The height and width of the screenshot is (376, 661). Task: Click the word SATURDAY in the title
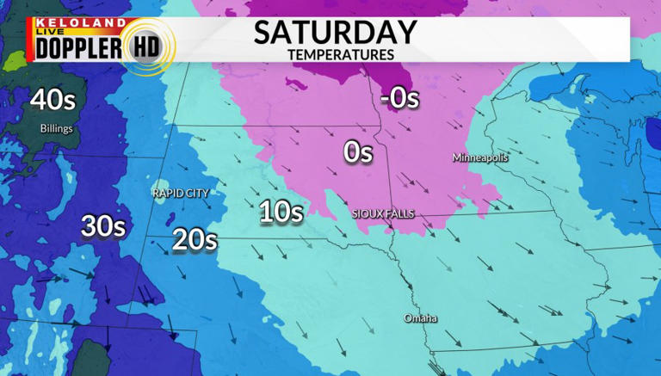(335, 33)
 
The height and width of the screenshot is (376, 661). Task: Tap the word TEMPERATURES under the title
(341, 54)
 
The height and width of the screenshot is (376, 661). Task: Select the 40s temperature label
(53, 100)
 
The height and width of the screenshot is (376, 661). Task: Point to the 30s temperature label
(103, 227)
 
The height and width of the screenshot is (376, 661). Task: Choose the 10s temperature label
(281, 212)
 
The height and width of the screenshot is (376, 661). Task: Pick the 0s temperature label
(357, 152)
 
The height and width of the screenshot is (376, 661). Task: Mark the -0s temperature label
(399, 98)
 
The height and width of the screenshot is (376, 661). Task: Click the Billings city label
(56, 129)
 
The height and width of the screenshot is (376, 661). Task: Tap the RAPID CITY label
(181, 194)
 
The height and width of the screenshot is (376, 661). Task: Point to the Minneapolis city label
(480, 158)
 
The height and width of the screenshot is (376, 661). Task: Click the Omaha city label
(421, 319)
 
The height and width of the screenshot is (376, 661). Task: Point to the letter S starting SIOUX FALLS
(355, 213)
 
